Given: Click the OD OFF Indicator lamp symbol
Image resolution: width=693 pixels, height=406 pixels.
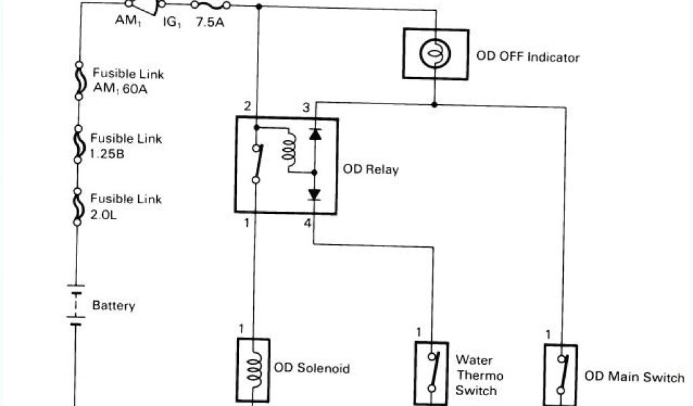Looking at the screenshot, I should click(x=435, y=54).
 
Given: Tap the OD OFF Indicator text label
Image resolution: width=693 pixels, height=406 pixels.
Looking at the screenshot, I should click(x=528, y=57).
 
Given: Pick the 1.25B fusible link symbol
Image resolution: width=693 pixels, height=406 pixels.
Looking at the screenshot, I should click(x=79, y=143).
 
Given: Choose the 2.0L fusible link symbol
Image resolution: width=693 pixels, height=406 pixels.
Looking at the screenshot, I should click(x=79, y=205).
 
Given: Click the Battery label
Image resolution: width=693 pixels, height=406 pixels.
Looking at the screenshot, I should click(x=114, y=305).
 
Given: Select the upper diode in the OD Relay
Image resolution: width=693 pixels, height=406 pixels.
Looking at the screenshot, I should click(x=315, y=133).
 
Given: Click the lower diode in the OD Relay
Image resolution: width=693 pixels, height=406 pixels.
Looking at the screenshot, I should click(x=315, y=194).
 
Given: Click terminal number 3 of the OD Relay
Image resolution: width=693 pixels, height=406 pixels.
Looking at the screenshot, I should click(x=306, y=108).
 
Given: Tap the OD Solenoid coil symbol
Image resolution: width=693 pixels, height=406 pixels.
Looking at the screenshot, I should click(x=253, y=369).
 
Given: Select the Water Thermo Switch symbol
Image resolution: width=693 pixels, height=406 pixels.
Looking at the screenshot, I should click(x=431, y=371).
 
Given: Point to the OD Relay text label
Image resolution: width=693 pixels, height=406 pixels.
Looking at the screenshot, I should click(x=371, y=169).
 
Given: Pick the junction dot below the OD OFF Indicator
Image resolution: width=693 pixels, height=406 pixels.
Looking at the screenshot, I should click(x=435, y=104).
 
